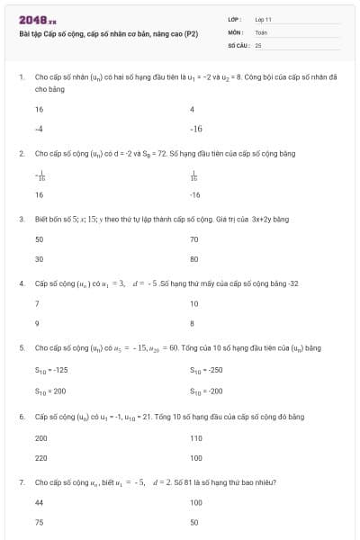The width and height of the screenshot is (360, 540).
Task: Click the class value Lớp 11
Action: pos(263,19)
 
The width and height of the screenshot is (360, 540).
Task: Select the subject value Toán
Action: pos(261,31)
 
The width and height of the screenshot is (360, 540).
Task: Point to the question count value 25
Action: pos(258,44)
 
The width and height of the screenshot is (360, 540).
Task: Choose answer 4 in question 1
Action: pos(193,109)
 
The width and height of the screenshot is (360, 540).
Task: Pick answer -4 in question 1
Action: pos(39,129)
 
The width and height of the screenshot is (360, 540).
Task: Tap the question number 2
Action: pos(21,154)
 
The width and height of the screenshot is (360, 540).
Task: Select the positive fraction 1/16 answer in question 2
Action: pos(194,175)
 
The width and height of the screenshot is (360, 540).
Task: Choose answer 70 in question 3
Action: pos(194,239)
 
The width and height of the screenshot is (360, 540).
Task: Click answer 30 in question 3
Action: pos(40,259)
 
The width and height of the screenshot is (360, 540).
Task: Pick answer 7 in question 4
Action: pos(37,304)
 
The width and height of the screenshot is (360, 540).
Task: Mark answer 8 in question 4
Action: pos(193,323)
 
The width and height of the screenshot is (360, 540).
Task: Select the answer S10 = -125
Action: pos(51,369)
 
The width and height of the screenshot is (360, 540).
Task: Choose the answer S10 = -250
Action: pos(207,369)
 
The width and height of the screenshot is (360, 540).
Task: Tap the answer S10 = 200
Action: pos(50,389)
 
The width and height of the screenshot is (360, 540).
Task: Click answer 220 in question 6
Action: pos(41,458)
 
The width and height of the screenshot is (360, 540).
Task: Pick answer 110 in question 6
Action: pos(196,438)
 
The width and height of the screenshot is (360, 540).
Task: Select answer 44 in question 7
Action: pos(40,502)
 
